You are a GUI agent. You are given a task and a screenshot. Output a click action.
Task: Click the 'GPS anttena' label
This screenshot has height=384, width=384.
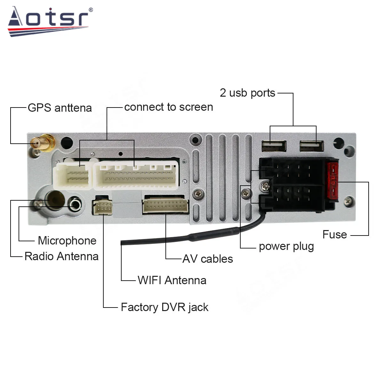(60, 108)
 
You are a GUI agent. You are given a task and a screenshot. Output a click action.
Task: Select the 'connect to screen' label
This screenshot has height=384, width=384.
(168, 107)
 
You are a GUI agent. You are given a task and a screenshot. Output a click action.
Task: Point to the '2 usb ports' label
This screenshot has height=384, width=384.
(247, 93)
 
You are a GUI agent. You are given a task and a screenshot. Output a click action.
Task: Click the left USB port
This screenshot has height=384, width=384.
(274, 146)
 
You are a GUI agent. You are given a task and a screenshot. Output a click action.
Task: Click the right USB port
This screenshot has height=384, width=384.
(311, 146)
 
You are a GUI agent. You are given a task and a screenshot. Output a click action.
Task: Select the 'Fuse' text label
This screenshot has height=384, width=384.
(334, 235)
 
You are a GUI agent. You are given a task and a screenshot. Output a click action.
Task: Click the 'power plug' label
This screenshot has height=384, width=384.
(286, 246)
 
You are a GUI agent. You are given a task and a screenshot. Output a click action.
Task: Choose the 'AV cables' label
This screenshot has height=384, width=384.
(208, 259)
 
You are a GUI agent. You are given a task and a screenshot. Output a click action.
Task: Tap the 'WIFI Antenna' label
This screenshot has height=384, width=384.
(172, 280)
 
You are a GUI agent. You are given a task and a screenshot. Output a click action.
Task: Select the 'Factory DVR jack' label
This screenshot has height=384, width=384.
(164, 307)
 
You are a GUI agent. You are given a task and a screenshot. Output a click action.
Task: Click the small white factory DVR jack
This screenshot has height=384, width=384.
(102, 207)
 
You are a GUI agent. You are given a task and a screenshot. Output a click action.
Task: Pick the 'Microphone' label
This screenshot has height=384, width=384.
(67, 241)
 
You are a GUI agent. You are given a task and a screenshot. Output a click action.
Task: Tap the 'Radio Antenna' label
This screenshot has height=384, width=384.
(61, 256)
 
